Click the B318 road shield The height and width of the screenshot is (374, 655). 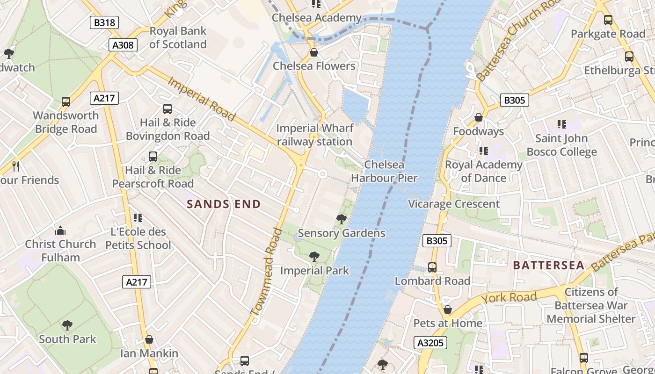104,22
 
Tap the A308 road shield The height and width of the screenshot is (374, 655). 124,45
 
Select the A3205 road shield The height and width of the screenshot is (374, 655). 430,343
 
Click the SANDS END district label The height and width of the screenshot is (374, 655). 224,204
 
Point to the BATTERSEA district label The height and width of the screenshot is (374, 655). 549,266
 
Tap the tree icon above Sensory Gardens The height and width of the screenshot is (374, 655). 342,219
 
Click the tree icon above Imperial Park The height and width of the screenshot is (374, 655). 314,256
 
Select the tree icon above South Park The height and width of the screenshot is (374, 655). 67,325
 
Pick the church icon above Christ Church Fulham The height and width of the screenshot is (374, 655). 60,230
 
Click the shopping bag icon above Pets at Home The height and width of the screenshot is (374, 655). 448,309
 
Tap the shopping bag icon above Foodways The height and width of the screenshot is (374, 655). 478,117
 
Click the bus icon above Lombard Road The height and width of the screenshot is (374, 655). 432,267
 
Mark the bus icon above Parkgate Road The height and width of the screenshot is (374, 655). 608,20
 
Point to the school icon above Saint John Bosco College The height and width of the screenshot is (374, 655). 561,124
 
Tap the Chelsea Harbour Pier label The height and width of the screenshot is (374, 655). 384,171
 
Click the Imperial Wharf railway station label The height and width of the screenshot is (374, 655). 314,135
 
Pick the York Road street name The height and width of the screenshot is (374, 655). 509,298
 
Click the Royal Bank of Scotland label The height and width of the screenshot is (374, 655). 178,38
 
